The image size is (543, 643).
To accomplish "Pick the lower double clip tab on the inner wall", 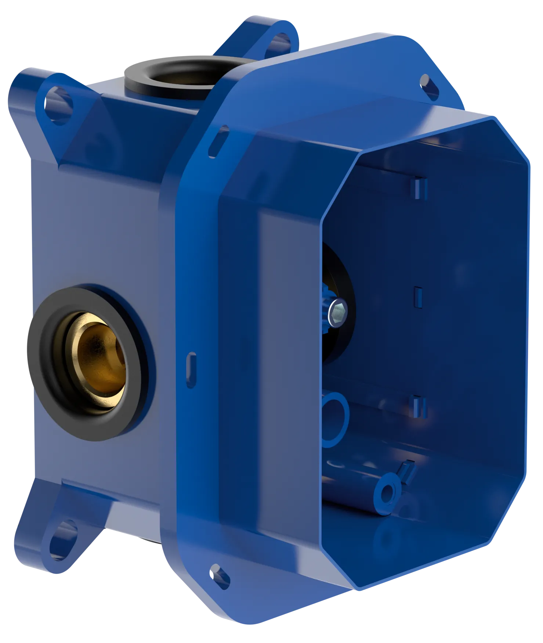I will (x=418, y=406).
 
